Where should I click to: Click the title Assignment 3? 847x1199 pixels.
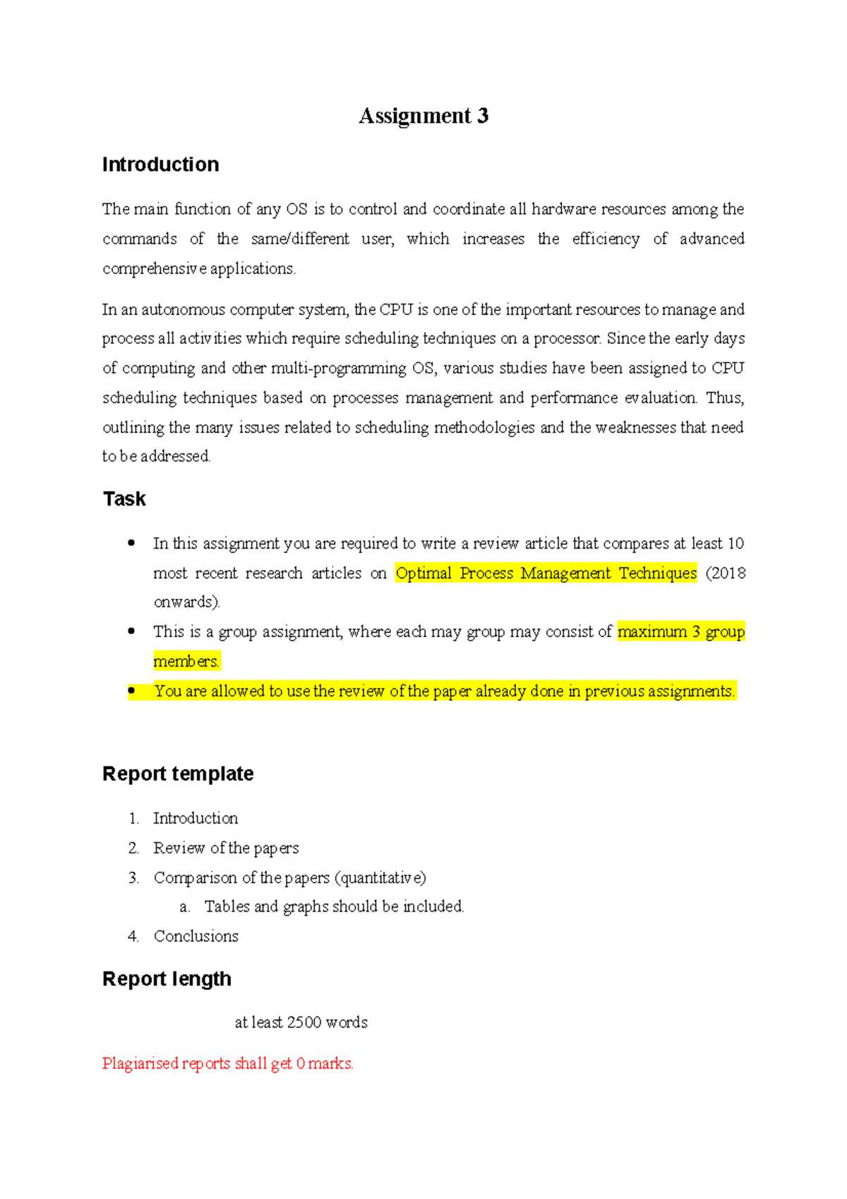point(423,116)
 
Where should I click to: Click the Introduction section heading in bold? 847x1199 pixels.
point(160,165)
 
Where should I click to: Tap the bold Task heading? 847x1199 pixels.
point(124,499)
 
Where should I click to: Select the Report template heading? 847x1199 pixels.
point(178,774)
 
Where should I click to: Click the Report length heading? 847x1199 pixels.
point(167,979)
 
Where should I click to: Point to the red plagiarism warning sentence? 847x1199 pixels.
point(227,1063)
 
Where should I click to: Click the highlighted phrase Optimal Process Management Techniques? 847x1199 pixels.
point(546,573)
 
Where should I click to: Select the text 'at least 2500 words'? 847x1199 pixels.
point(301,1022)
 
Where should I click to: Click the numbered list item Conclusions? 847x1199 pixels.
point(196,936)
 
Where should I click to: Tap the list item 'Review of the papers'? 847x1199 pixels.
point(226,848)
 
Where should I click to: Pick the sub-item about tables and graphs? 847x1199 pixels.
point(334,907)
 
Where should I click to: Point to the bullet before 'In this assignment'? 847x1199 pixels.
point(131,543)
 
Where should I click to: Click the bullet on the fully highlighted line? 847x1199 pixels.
point(131,691)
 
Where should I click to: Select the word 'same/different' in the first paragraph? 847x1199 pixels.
point(300,239)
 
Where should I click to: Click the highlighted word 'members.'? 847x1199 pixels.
point(186,662)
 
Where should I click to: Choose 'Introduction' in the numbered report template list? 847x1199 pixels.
point(196,818)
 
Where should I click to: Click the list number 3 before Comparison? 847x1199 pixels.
point(133,878)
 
